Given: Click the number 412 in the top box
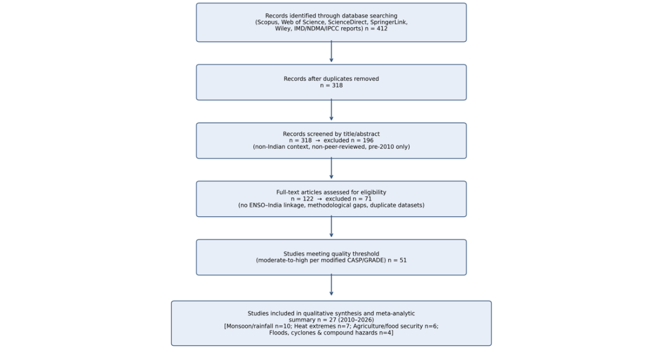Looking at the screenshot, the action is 382,29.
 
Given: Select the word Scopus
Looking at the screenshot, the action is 268,22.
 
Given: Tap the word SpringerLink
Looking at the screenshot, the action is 389,22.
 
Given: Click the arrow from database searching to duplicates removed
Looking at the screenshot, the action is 331,51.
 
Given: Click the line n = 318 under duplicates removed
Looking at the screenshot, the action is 331,85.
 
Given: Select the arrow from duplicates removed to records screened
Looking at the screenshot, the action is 331,110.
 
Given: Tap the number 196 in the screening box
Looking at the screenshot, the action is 368,140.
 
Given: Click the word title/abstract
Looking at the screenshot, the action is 362,134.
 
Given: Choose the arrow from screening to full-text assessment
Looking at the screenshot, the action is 331,169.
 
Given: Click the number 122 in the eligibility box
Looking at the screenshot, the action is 308,199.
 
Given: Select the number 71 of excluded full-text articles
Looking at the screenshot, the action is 368,199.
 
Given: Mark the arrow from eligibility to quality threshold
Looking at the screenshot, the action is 331,227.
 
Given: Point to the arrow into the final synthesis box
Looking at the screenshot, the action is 331,285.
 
